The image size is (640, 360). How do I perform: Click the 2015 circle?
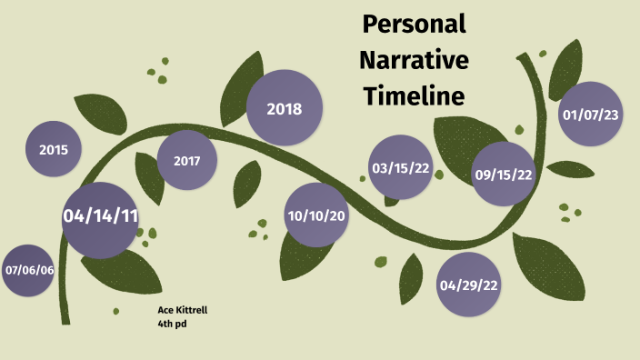tap(54, 148)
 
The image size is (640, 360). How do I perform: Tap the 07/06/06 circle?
tap(29, 270)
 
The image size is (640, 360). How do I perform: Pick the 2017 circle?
tap(187, 161)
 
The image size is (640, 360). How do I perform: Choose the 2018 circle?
tap(285, 109)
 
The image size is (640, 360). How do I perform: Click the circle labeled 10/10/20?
tap(316, 215)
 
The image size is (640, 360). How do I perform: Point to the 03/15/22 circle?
tap(400, 167)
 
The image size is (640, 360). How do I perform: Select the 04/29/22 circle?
tap(469, 285)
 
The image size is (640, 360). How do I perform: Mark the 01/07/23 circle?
tap(590, 115)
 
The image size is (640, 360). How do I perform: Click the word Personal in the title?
tap(414, 25)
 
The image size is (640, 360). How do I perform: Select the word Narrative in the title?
tap(414, 60)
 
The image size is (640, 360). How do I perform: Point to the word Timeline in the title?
tap(414, 95)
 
